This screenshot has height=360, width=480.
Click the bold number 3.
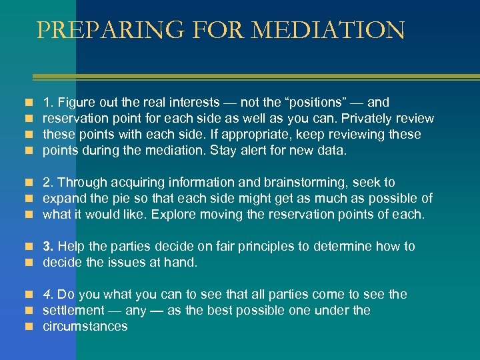(x=47, y=247)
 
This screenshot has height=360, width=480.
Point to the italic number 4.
(x=47, y=295)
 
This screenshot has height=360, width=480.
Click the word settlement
(x=73, y=311)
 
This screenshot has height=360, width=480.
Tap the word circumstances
(x=85, y=327)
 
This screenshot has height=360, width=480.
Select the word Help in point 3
(x=70, y=247)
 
